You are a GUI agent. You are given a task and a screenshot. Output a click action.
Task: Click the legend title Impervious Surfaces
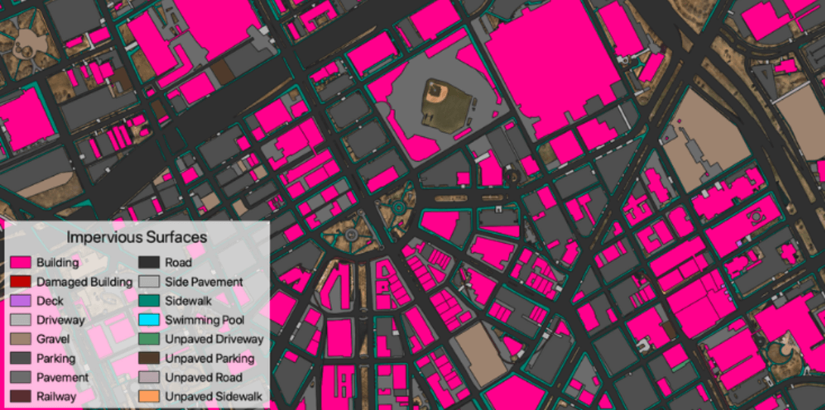point(136,237)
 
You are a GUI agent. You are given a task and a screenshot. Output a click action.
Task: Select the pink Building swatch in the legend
point(20,262)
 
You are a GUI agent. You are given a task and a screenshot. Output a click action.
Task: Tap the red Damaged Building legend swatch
point(20,281)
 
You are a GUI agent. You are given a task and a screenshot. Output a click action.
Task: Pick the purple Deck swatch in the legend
point(20,300)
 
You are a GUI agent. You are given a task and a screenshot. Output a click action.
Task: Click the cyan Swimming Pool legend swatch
point(149,320)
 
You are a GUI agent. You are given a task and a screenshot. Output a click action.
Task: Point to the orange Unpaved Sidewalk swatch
point(149,396)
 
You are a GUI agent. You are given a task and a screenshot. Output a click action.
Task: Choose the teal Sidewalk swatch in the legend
point(149,300)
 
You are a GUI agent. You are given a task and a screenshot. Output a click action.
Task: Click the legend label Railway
point(56,396)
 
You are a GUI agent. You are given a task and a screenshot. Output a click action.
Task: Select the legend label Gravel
point(53,339)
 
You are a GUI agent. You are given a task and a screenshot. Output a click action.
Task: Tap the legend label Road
point(179,262)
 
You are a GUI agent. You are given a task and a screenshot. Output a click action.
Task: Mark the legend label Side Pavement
point(204,281)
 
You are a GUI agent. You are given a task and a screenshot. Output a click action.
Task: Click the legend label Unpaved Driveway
point(214,339)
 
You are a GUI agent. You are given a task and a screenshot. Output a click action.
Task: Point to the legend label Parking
point(56,358)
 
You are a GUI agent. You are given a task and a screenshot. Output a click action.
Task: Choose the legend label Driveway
point(61,320)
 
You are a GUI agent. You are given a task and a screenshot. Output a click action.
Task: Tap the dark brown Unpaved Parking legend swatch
point(149,358)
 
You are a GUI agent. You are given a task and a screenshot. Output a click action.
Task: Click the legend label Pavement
point(62,377)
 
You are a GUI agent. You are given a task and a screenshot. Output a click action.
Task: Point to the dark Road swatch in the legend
point(149,262)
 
